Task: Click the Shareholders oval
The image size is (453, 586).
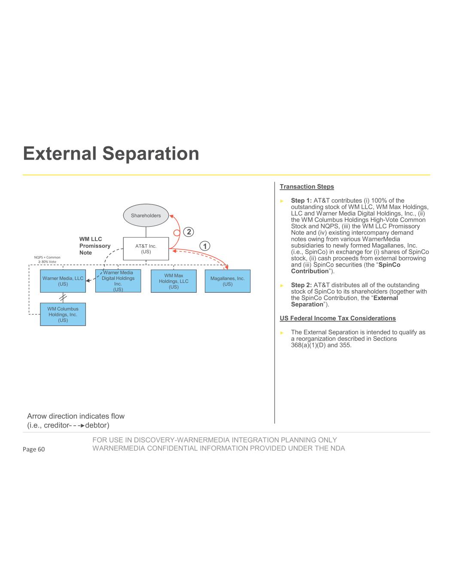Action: pos(146,216)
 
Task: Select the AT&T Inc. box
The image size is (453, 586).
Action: pos(146,249)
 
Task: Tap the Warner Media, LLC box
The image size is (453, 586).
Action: pos(63,281)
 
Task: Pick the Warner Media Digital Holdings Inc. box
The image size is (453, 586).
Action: pos(118,281)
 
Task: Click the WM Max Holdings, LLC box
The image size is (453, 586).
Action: pos(173,281)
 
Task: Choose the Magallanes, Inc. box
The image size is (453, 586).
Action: pos(228,281)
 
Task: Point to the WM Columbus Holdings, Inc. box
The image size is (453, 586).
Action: pos(63,314)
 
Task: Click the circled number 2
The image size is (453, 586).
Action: pos(188,232)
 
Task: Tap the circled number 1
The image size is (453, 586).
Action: pos(205,246)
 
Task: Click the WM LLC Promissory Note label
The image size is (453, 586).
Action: pos(94,246)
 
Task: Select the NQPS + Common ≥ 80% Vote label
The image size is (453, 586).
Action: pos(47,259)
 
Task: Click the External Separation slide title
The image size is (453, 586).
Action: pos(111,154)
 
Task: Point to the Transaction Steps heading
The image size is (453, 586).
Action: pos(307,187)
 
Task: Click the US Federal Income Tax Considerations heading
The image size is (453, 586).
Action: pos(337,318)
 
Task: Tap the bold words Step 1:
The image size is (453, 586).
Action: pos(301,200)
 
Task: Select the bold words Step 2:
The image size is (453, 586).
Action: pos(301,285)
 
